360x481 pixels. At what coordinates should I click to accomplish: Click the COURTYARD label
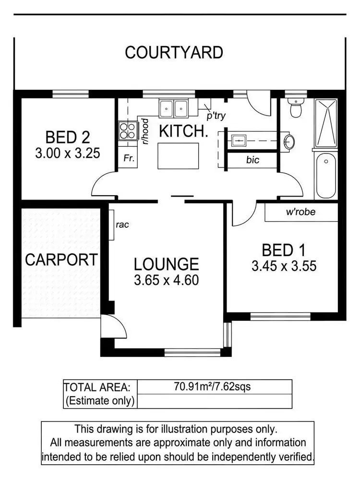click(x=174, y=52)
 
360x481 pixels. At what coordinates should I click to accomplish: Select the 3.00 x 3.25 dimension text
click(x=68, y=153)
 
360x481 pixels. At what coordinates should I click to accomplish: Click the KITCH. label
click(x=183, y=131)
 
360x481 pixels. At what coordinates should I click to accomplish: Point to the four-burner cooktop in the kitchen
click(x=127, y=130)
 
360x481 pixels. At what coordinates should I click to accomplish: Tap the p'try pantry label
click(x=216, y=116)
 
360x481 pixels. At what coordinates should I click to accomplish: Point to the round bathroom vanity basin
click(x=289, y=141)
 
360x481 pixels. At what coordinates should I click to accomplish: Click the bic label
click(x=252, y=160)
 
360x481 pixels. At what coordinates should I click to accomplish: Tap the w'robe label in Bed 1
click(x=301, y=211)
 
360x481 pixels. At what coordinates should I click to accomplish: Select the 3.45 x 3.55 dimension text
click(x=284, y=266)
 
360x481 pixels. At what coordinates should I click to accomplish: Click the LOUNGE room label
click(x=166, y=264)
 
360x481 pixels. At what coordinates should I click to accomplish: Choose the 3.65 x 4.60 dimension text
click(x=166, y=280)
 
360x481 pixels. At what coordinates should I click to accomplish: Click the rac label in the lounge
click(x=122, y=224)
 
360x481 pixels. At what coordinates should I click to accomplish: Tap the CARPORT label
click(x=61, y=260)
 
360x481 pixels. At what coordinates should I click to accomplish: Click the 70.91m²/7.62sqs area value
click(x=214, y=387)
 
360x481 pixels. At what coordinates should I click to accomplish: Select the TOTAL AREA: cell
click(x=100, y=387)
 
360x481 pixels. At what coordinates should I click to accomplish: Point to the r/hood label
click(x=144, y=130)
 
